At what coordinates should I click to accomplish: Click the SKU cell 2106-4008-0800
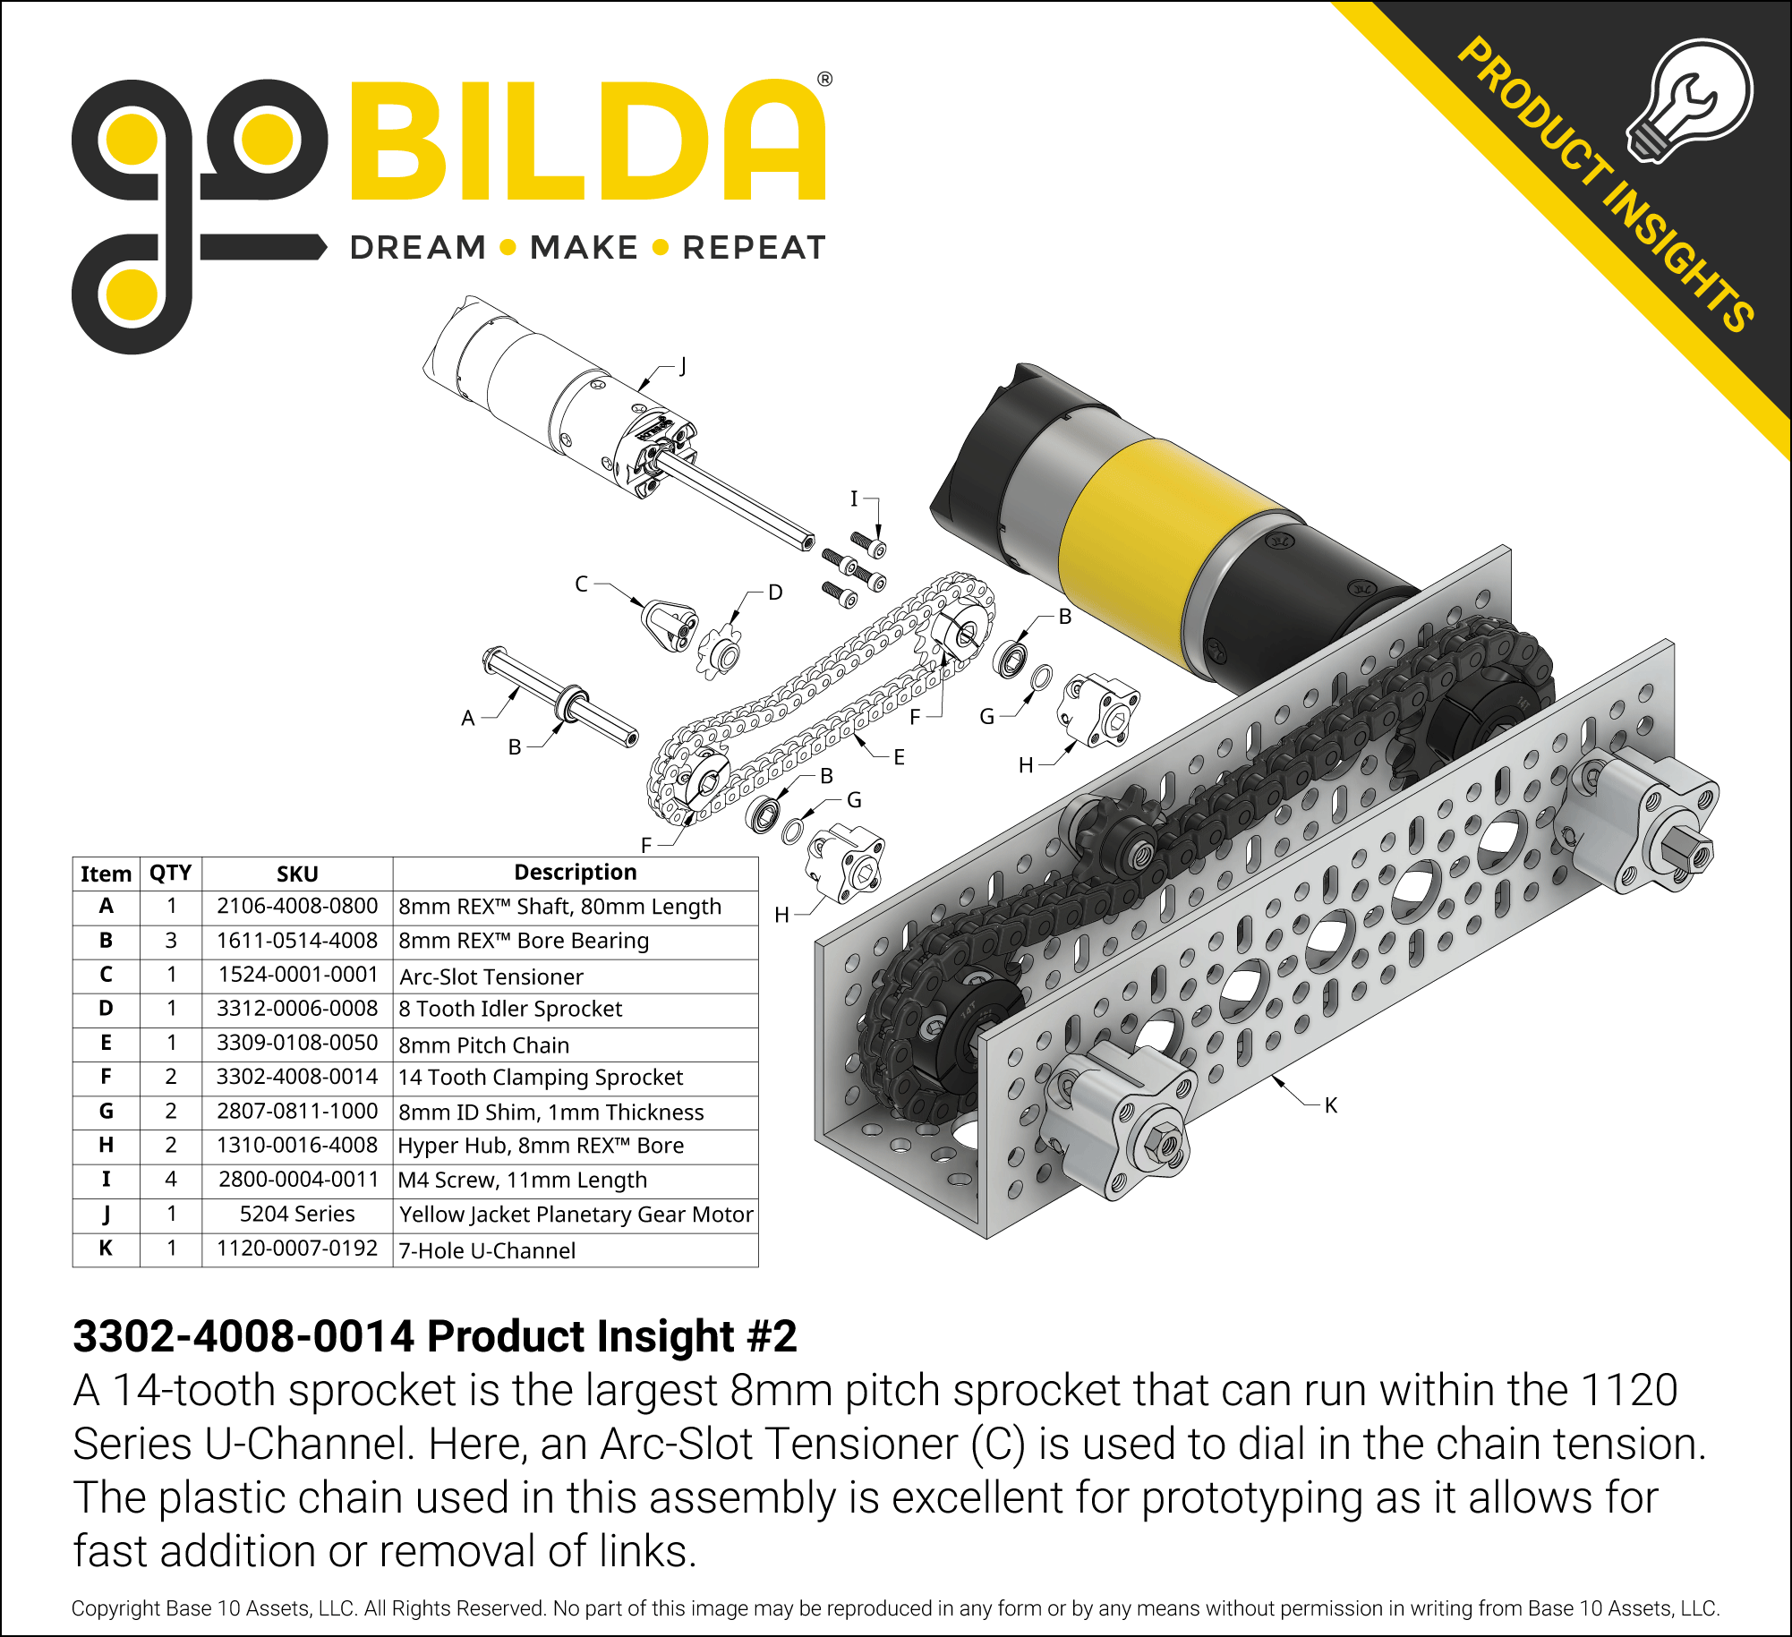297,906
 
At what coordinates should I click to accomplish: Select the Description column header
576,872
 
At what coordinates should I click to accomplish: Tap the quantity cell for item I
171,1180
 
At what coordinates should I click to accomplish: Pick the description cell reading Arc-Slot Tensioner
491,976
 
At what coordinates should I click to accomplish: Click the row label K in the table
106,1248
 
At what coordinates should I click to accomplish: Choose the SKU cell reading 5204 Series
297,1214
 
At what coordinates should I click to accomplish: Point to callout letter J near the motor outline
682,366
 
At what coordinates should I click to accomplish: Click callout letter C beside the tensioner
582,584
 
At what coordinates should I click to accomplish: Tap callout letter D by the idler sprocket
775,593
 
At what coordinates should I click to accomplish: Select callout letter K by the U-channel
1331,1105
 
